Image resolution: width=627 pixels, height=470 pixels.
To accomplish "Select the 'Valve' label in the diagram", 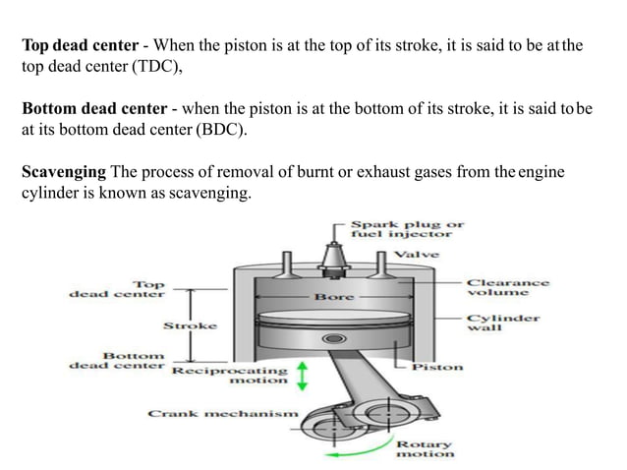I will click(416, 255).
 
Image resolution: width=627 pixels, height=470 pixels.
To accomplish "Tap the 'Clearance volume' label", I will click(507, 287).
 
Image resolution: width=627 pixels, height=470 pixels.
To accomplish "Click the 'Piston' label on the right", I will click(437, 367).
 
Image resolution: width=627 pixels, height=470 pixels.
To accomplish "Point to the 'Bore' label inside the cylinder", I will click(333, 296).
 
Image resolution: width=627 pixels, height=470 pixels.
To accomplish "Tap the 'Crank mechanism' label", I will click(222, 414).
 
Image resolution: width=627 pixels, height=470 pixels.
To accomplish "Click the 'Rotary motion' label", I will click(425, 449).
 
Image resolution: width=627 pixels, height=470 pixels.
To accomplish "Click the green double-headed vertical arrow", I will click(304, 375).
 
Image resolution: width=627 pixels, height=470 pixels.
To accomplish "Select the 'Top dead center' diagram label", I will click(116, 287).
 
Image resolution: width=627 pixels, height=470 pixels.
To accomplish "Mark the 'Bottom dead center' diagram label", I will click(115, 359).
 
